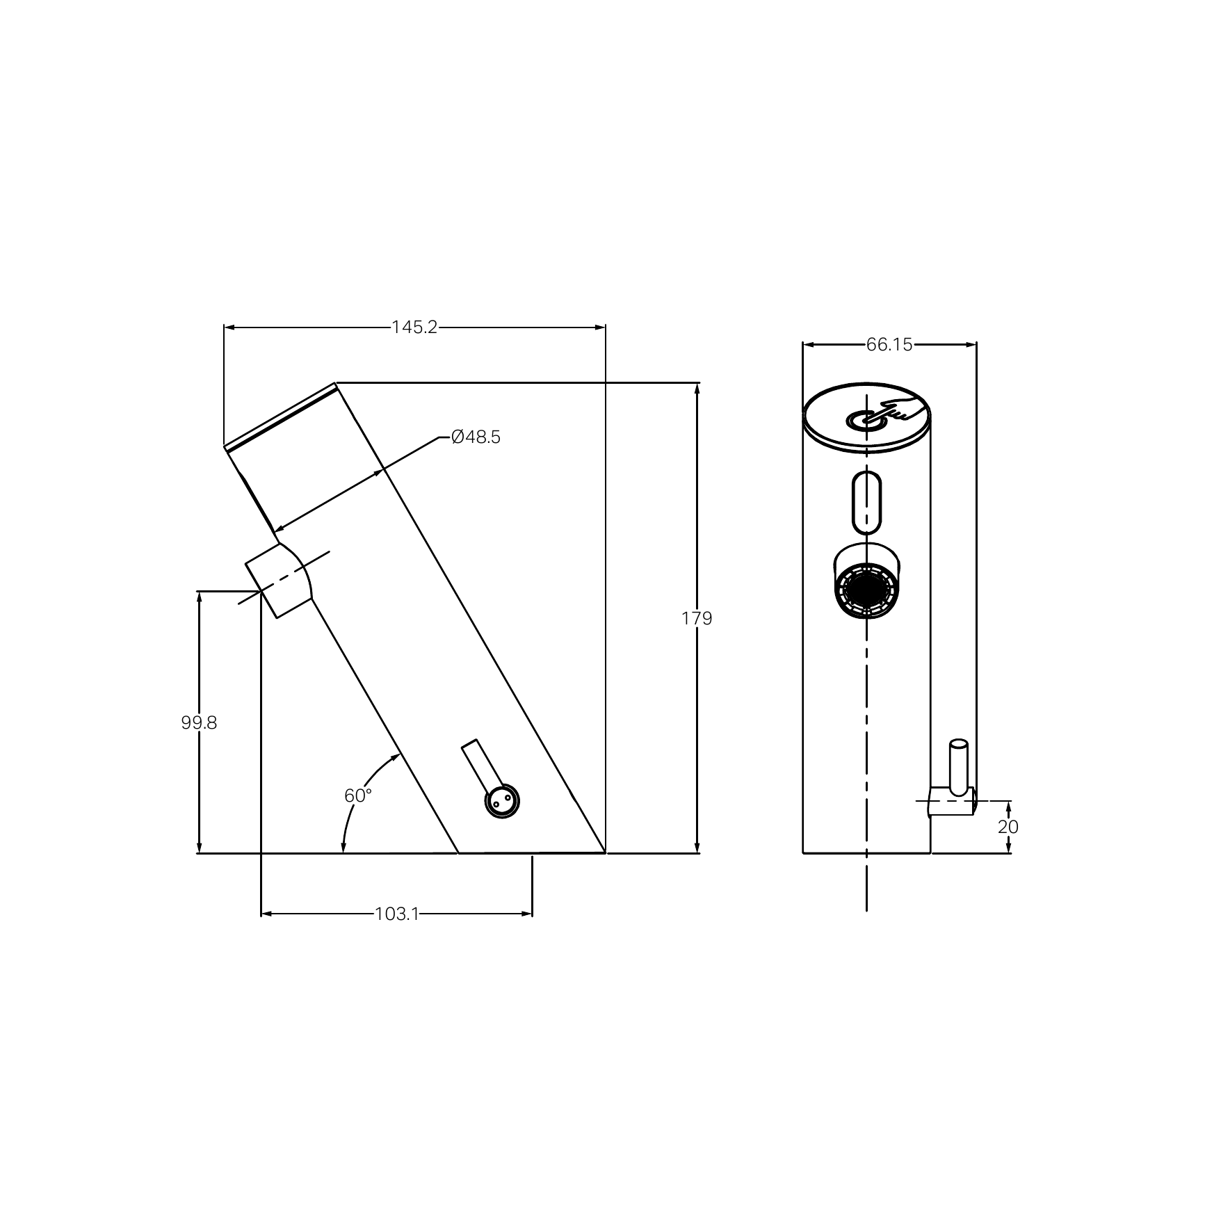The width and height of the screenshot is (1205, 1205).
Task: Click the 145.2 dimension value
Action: [414, 327]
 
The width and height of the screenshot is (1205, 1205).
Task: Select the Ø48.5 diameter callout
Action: [476, 437]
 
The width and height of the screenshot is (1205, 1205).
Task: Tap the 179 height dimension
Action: [697, 618]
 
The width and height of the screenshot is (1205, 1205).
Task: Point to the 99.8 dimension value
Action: [199, 723]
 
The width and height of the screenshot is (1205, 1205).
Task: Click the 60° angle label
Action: [358, 795]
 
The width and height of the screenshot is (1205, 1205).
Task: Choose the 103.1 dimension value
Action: [397, 914]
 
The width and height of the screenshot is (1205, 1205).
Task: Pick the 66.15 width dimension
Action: [889, 344]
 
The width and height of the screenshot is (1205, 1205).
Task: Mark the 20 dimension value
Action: [1008, 827]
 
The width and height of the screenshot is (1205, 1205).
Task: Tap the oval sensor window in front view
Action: [866, 501]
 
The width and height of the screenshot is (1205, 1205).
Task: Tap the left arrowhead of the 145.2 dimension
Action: [229, 327]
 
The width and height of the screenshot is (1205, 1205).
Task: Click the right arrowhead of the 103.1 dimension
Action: [527, 914]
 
